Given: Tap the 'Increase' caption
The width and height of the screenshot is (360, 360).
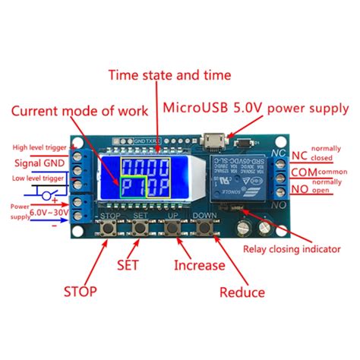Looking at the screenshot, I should pyautogui.click(x=199, y=265).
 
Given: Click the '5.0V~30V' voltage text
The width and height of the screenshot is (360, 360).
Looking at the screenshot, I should pyautogui.click(x=49, y=213).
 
